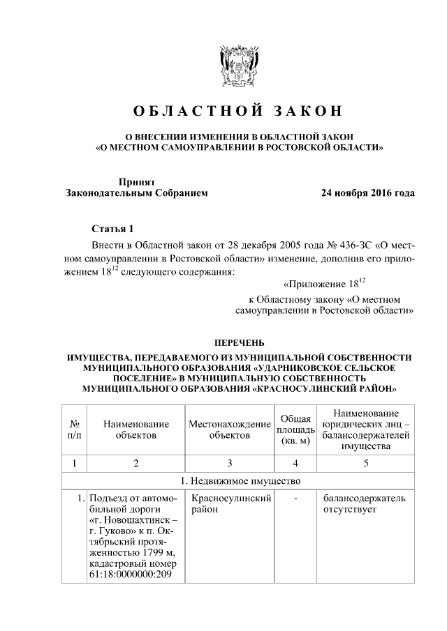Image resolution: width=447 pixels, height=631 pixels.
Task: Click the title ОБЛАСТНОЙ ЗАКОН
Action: (x=237, y=112)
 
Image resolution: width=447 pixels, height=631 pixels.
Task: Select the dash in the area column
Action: (x=295, y=499)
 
